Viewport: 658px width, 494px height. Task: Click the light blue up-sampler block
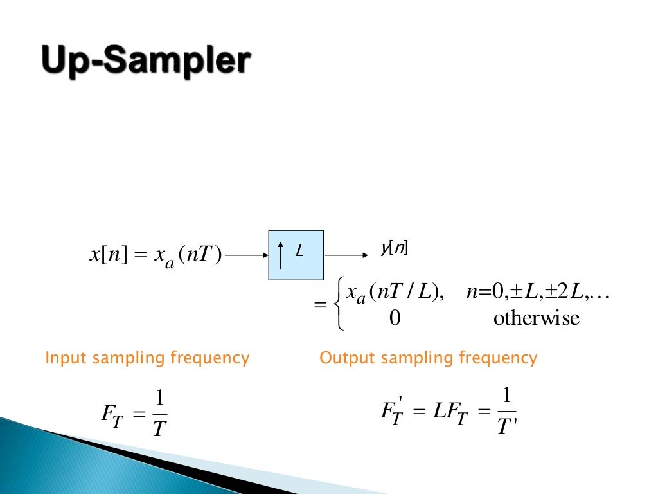(296, 255)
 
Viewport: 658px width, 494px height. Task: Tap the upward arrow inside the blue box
(281, 255)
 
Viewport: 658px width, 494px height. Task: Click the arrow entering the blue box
(247, 255)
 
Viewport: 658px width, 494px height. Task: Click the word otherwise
(536, 318)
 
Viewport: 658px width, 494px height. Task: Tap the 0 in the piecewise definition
(395, 318)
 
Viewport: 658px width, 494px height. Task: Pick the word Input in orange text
(66, 358)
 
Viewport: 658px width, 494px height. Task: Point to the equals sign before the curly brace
(319, 306)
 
